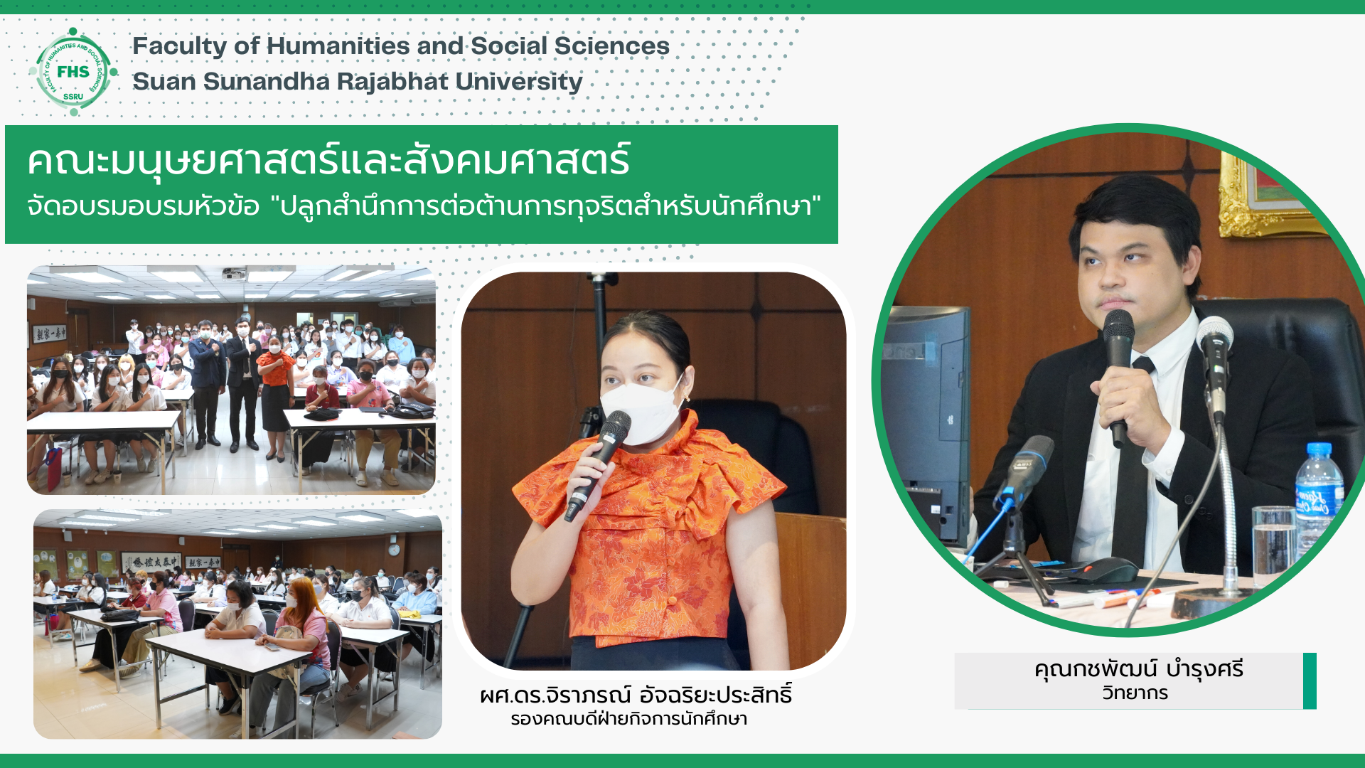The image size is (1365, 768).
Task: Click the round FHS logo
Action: [x=73, y=71]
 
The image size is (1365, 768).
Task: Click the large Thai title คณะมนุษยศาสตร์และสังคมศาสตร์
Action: [x=328, y=160]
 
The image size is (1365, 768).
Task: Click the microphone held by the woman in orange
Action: [x=597, y=465]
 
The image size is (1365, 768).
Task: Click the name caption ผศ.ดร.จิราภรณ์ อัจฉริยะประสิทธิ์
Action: [x=636, y=694]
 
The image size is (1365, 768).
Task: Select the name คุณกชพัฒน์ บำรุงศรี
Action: [x=1139, y=669]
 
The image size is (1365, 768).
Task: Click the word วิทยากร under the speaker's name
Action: [x=1135, y=693]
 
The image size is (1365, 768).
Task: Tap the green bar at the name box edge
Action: [x=1310, y=681]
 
